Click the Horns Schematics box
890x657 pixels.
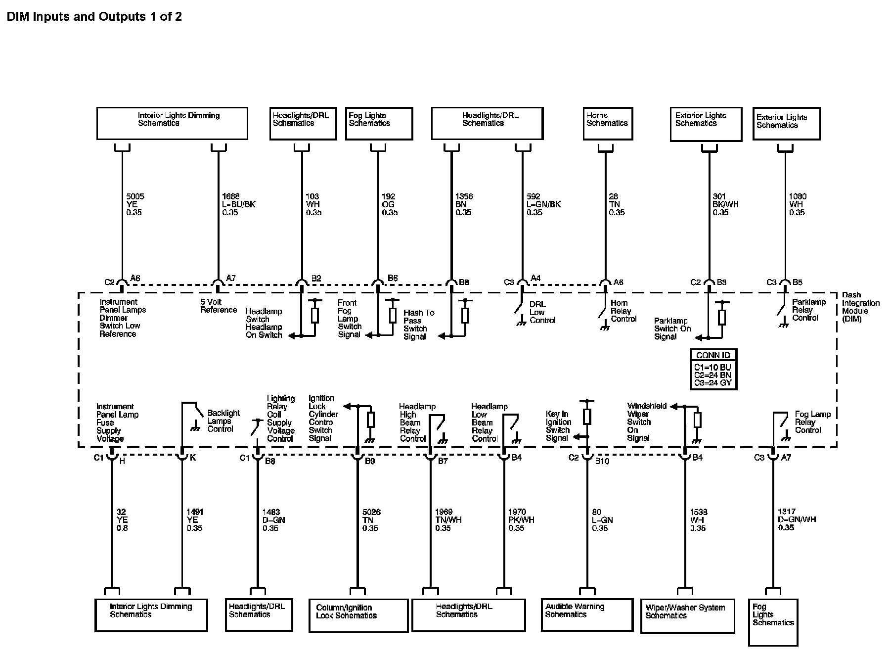[x=608, y=123]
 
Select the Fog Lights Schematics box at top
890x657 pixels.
[x=379, y=124]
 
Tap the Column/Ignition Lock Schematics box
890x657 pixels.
[x=358, y=615]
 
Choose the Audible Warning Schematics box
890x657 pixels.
[x=587, y=614]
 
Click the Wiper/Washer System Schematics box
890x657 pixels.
[x=687, y=615]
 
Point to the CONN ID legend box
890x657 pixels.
[x=713, y=369]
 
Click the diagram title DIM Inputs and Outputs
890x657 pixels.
[x=94, y=17]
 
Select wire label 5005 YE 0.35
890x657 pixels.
[x=135, y=204]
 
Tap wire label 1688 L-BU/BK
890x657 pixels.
[x=238, y=204]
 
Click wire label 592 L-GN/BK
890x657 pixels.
[x=543, y=204]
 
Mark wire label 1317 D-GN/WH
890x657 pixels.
[x=797, y=519]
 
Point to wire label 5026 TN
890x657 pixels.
[x=371, y=520]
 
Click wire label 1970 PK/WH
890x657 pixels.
[x=521, y=520]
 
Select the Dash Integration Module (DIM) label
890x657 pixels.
[x=860, y=307]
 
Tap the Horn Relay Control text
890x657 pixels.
[x=623, y=311]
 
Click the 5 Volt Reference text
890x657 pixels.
[x=218, y=306]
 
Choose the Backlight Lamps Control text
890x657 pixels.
[x=223, y=421]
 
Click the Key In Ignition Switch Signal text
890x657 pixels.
[x=558, y=426]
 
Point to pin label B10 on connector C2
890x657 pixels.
[x=602, y=461]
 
